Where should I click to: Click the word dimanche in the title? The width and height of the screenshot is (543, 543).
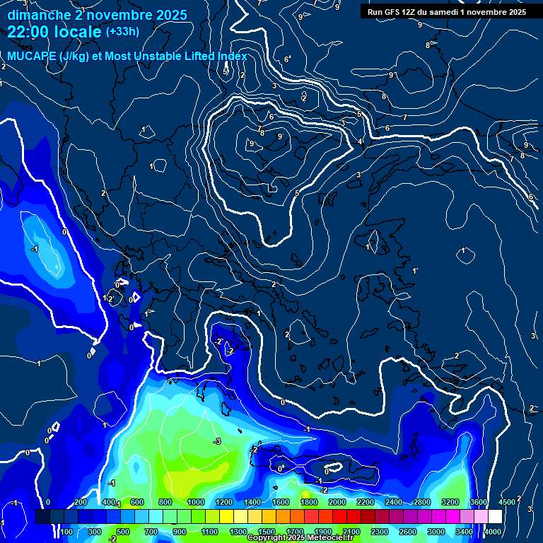pos(40,15)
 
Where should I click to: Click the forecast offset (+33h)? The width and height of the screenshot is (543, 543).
pos(122,32)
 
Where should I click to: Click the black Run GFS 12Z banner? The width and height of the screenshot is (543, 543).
pos(446,11)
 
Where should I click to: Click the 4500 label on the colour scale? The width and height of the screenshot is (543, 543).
pos(507,502)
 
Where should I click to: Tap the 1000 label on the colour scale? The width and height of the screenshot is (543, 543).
pos(195,502)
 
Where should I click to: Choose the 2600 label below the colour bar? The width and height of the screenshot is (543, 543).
pos(408,532)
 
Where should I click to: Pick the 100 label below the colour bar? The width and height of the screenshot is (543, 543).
pos(67,532)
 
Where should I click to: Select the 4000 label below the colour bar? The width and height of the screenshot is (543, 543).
pos(493,532)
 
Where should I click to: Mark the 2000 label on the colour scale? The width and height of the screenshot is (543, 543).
pos(337,502)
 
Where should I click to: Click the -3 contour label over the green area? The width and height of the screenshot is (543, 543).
pos(217,441)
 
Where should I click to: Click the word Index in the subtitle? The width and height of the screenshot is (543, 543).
pos(231,57)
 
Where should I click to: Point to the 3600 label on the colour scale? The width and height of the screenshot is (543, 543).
pos(479,502)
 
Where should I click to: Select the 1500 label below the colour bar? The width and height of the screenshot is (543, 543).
pos(267,532)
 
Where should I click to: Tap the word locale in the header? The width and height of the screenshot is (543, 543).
pos(79,32)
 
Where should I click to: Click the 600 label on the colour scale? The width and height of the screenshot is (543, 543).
pos(137,502)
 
